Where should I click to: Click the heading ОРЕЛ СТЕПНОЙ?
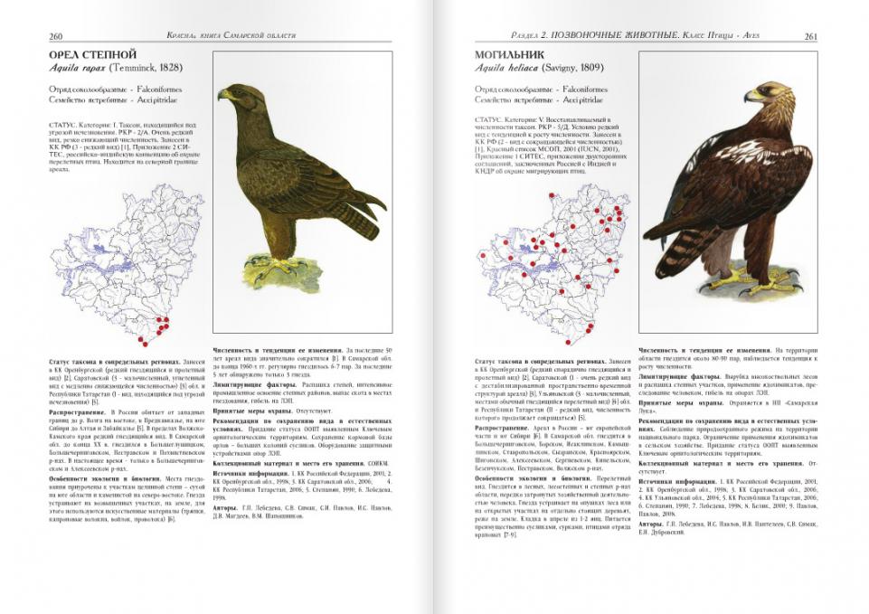coord(92,55)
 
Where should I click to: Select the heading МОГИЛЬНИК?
coord(510,55)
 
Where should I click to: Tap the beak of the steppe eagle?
coord(222,94)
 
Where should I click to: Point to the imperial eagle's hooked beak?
coord(750,96)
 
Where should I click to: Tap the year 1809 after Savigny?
coord(596,69)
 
